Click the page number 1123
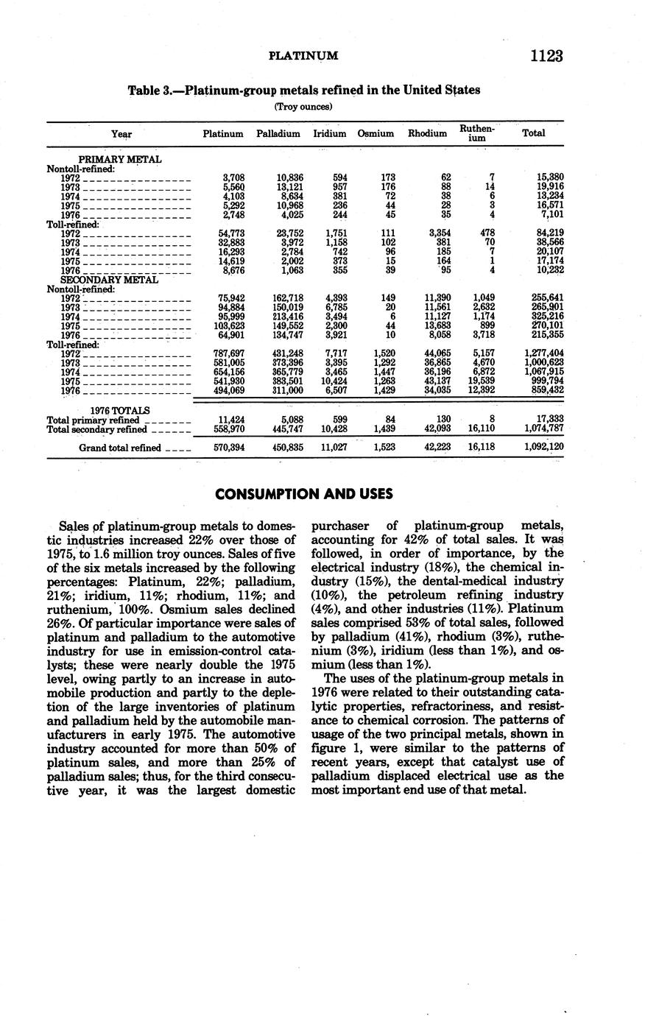tap(545, 56)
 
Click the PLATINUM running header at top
tap(303, 56)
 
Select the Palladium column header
tap(278, 134)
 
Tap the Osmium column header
tap(376, 134)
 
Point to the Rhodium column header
tap(427, 134)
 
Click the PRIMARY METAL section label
tap(120, 159)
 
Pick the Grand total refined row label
tap(122, 447)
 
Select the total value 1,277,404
tap(543, 353)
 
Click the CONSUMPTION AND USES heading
tap(304, 494)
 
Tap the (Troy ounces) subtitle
tap(303, 107)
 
